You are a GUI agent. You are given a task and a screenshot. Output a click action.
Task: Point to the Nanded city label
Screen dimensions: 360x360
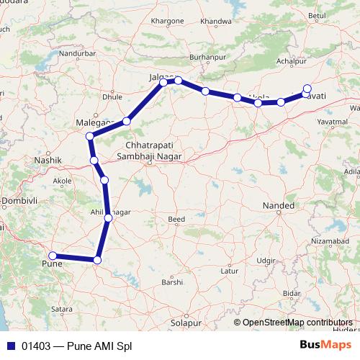tap(279, 206)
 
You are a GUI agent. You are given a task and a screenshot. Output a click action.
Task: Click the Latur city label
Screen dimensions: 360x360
tap(230, 271)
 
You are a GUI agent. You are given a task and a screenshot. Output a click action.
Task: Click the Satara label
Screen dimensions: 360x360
tap(62, 309)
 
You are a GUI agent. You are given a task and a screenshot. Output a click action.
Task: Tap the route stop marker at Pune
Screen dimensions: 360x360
tap(52, 256)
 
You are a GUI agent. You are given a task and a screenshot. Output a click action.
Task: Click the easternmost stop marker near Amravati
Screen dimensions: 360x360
tap(307, 89)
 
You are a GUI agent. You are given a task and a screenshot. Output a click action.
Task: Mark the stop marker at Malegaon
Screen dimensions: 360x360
tap(90, 136)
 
